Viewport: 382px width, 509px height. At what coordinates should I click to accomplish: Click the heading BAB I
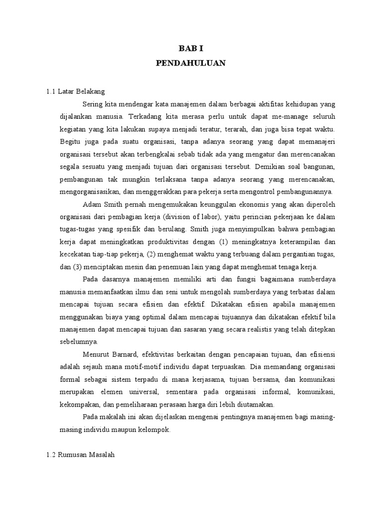[191, 48]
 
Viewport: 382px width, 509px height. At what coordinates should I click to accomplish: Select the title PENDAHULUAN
[191, 63]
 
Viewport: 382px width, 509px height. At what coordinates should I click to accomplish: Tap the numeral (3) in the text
[79, 266]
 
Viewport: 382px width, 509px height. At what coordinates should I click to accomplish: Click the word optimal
[150, 316]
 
